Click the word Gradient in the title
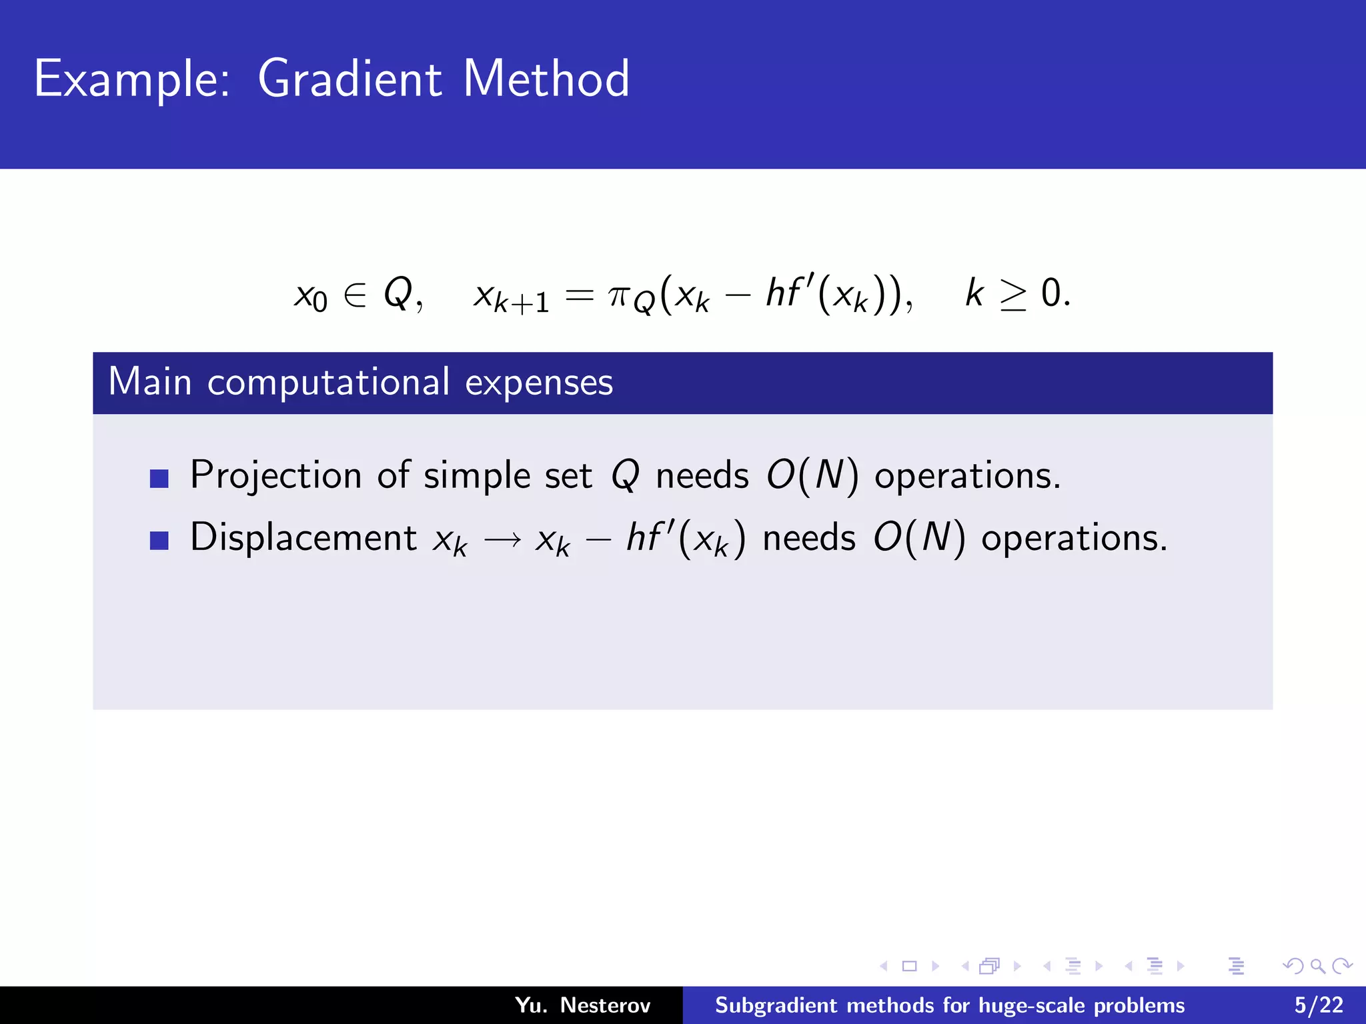coord(350,79)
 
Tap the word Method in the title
coord(546,79)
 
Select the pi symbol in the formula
coord(619,295)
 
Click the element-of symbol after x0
coord(355,295)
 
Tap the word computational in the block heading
coord(328,383)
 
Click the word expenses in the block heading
coord(538,383)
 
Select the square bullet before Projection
coord(159,478)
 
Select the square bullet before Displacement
coord(159,540)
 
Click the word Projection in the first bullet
coord(276,476)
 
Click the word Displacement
coord(303,537)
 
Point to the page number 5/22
coord(1318,1005)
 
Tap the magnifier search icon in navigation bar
coord(1317,966)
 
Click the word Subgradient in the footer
coord(776,1005)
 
